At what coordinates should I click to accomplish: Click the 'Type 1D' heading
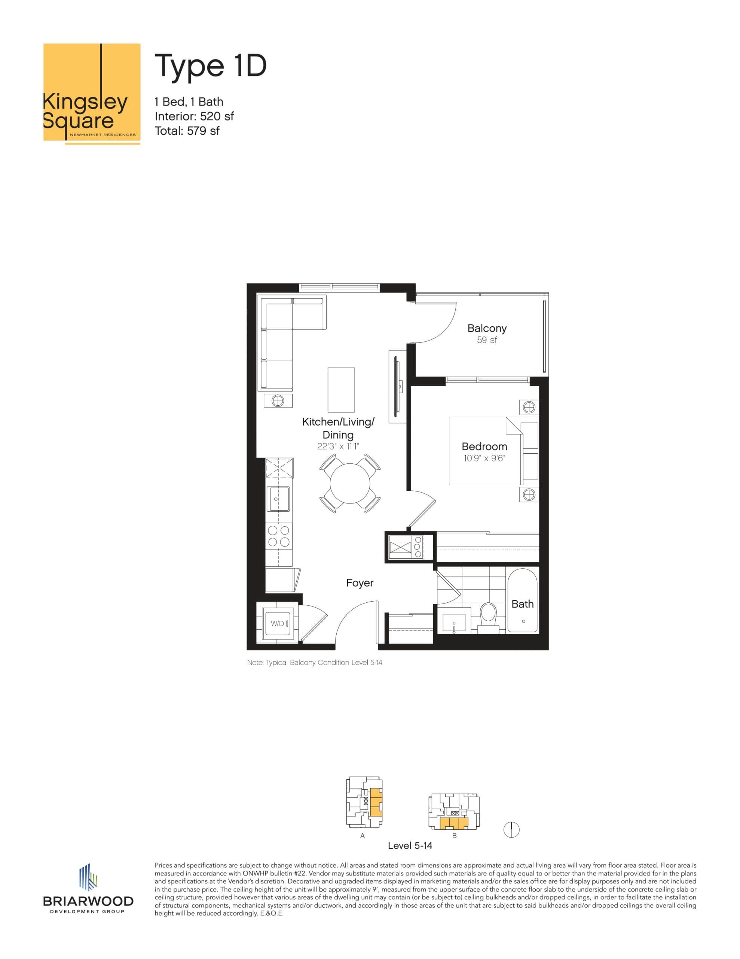[211, 66]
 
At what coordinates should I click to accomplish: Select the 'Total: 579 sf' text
[187, 131]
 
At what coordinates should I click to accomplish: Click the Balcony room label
[487, 328]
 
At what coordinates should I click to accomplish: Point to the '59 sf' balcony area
[487, 340]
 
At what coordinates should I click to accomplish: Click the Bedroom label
[484, 446]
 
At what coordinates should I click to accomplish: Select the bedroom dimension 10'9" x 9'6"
[484, 459]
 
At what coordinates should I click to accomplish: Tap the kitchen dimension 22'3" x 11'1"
[338, 447]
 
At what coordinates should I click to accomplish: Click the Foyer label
[360, 583]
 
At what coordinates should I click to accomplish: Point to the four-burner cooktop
[279, 536]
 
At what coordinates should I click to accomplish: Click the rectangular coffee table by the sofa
[341, 390]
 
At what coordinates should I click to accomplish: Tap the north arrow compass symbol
[511, 830]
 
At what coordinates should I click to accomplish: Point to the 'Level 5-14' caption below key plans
[410, 845]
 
